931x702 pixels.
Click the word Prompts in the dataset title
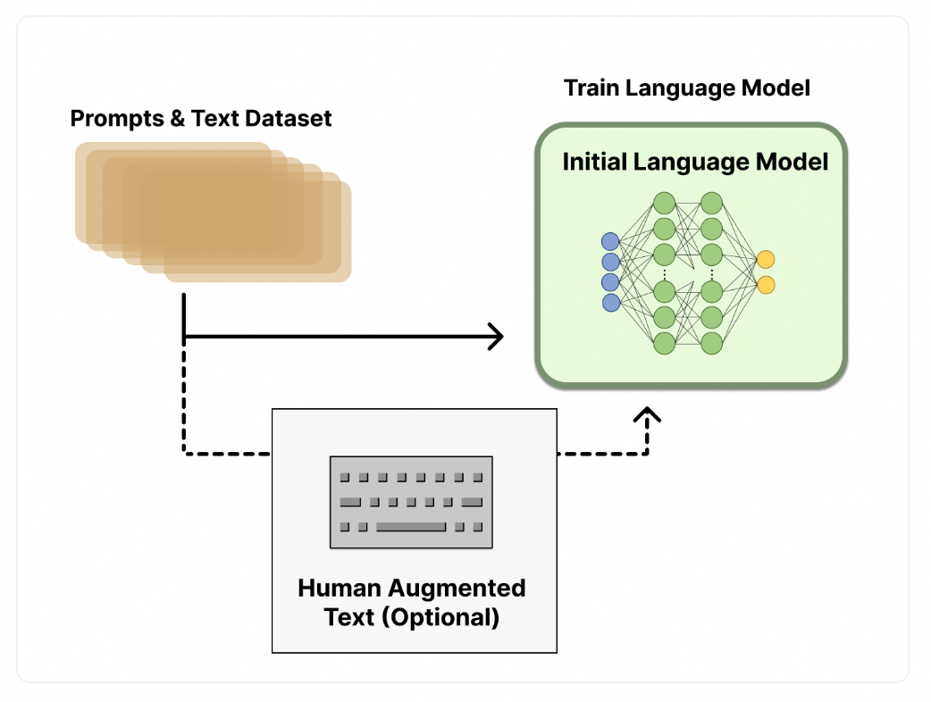click(117, 119)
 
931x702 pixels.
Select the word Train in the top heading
click(591, 88)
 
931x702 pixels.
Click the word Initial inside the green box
click(595, 162)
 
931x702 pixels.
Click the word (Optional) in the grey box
click(440, 617)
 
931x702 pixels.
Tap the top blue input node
click(610, 241)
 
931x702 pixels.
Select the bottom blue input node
click(611, 303)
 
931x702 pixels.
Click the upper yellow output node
click(766, 259)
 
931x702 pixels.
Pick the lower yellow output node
click(766, 285)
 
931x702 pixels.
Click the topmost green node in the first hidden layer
click(665, 203)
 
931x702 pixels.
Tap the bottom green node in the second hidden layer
click(712, 343)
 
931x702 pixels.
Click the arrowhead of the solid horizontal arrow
click(497, 337)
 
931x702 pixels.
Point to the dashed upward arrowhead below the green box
click(647, 414)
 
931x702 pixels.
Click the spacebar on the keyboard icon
click(411, 526)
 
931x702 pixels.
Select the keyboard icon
click(411, 502)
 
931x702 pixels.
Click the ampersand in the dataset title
click(177, 118)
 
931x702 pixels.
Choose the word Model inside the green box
click(792, 162)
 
